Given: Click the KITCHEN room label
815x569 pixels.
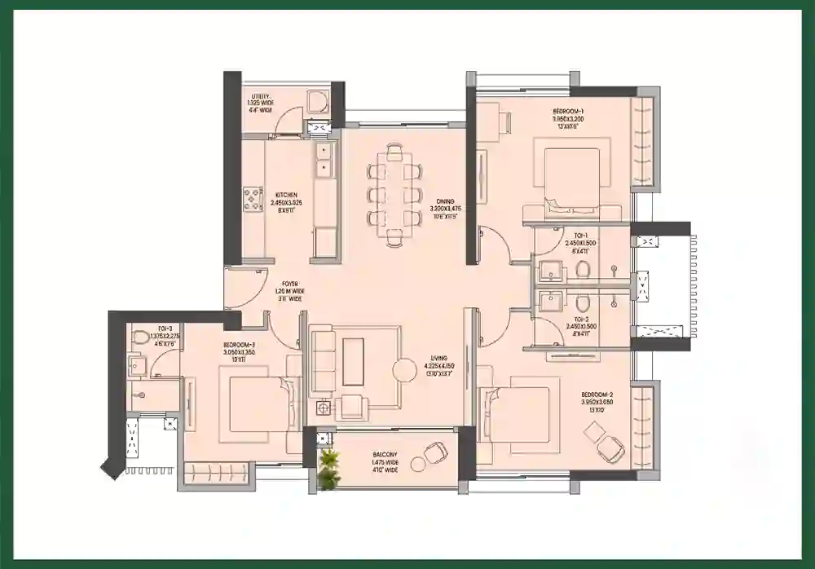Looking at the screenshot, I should click(285, 196).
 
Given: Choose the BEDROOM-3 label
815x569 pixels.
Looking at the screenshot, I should click(240, 346).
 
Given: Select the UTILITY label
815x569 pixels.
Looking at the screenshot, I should click(262, 96).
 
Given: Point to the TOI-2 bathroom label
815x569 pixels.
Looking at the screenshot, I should click(581, 320).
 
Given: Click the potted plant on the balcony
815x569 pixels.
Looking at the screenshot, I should click(328, 469).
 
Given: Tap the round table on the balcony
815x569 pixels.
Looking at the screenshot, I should click(418, 465).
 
